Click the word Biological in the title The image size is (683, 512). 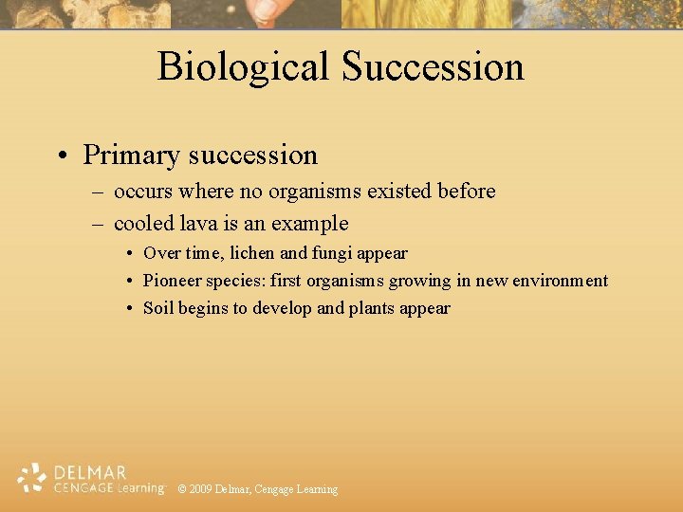point(243,67)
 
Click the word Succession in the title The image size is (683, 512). point(433,67)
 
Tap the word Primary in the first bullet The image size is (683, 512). point(132,155)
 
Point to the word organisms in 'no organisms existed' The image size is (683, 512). point(311,192)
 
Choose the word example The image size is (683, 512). point(309,225)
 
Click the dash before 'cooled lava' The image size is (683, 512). point(97,224)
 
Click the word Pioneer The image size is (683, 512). point(171,281)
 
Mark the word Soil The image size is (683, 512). point(157,308)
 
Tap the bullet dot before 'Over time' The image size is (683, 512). point(130,253)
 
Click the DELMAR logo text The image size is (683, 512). point(91,472)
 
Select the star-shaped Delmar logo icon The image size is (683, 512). point(32,478)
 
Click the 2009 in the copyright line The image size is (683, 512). point(200,489)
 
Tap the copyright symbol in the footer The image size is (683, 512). point(182,489)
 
